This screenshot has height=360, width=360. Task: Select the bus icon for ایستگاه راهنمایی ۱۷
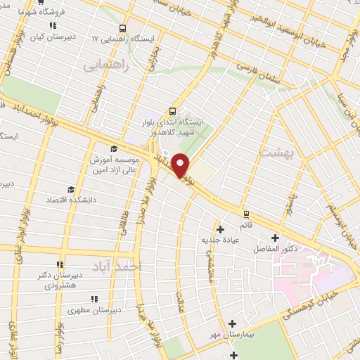coord(124,28)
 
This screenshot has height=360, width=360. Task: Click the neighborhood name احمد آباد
coord(117,266)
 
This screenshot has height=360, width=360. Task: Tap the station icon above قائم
coord(245,214)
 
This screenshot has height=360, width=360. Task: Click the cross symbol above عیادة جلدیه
coord(221,229)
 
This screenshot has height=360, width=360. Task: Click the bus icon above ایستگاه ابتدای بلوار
coord(172,110)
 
